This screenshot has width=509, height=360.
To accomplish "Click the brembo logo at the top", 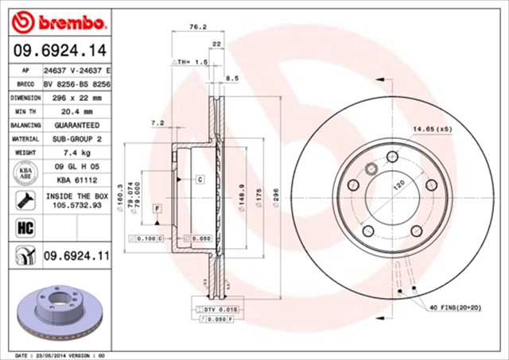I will point(59,20).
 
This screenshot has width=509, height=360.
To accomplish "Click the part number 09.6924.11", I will point(76,255).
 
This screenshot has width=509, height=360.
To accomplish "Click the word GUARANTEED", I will point(76,126).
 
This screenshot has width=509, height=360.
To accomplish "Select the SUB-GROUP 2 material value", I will point(76,138).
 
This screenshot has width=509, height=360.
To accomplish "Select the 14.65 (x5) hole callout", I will point(432,128).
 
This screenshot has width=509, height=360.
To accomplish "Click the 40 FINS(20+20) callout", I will point(458,307).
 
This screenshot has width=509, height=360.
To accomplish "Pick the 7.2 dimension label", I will point(157,123).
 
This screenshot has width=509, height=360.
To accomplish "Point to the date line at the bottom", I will point(60,354).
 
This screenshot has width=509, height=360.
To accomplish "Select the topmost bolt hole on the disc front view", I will point(391,156).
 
